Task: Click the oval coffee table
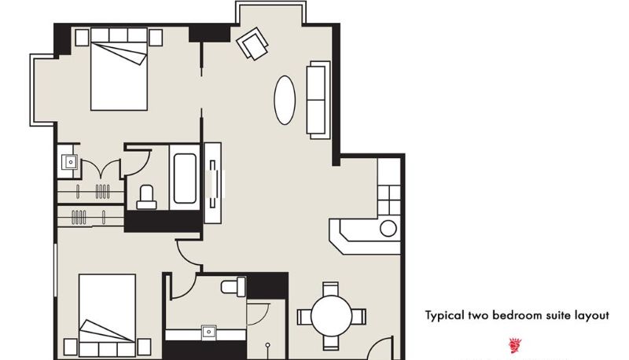point(285,101)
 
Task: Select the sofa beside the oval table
point(318,101)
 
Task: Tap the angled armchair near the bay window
point(252,43)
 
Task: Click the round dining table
point(331,316)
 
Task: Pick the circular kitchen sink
point(388,229)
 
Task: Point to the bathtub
point(185,178)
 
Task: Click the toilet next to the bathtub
point(146,197)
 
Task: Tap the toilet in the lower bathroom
point(234,287)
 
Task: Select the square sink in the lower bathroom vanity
point(208,332)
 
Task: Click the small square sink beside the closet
point(71,162)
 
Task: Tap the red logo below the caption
point(515,345)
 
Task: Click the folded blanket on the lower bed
point(106,331)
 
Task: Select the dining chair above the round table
point(331,288)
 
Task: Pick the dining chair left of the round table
point(304,317)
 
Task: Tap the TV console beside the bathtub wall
point(212,183)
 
